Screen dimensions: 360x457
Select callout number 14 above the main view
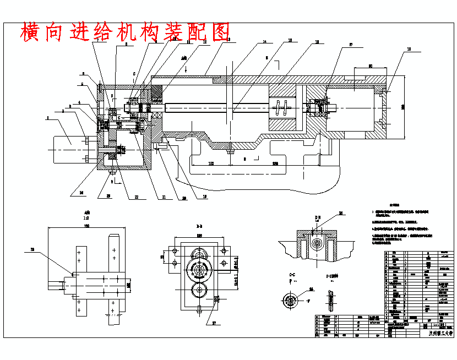[264, 42]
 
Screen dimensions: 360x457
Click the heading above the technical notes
[394, 203]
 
